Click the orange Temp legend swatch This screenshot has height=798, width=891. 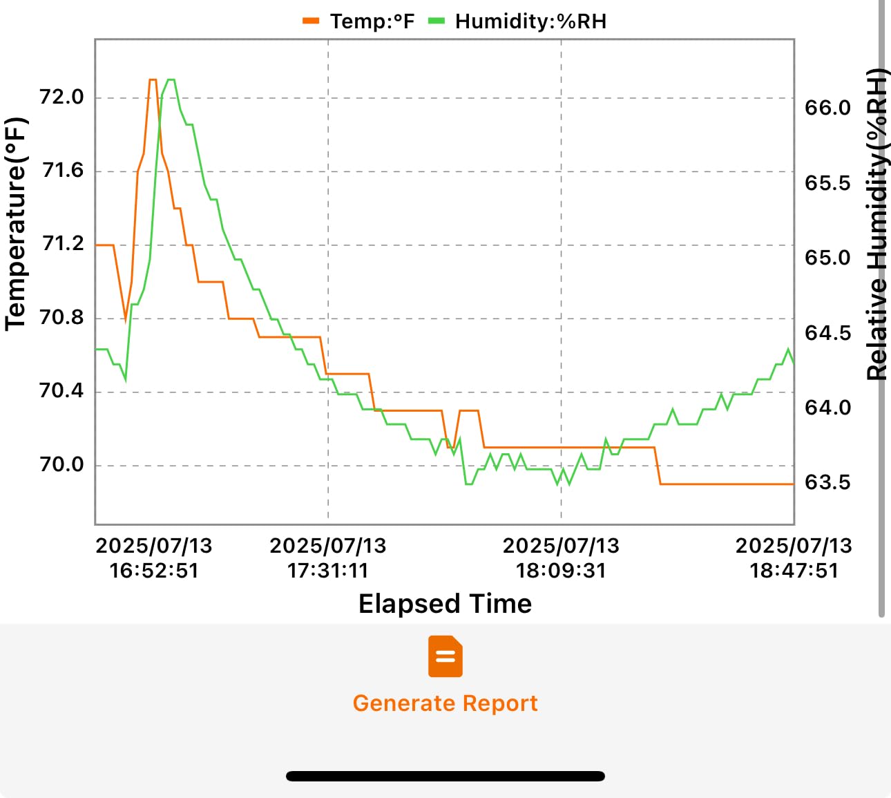(311, 21)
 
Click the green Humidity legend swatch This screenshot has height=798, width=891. (437, 21)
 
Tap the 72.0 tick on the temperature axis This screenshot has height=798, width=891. (61, 97)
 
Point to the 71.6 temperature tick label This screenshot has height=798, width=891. (62, 171)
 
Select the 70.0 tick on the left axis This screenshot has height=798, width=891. (61, 465)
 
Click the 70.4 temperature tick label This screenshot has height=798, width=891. (61, 391)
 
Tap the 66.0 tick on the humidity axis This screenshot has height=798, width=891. (827, 108)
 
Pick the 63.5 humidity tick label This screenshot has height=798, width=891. (827, 483)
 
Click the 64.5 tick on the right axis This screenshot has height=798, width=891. (827, 334)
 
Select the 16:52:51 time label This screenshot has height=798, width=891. (154, 571)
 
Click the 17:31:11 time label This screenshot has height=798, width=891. (328, 571)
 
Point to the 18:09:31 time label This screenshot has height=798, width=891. (561, 571)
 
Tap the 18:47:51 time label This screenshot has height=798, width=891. (794, 571)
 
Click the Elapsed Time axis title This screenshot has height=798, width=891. (445, 604)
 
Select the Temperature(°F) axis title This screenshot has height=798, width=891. (16, 225)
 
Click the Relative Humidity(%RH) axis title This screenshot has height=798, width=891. (877, 225)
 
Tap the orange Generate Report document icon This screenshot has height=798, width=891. (445, 656)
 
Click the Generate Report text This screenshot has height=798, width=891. (445, 703)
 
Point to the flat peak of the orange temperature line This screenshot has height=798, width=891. (153, 79)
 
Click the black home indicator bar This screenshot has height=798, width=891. (445, 776)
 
